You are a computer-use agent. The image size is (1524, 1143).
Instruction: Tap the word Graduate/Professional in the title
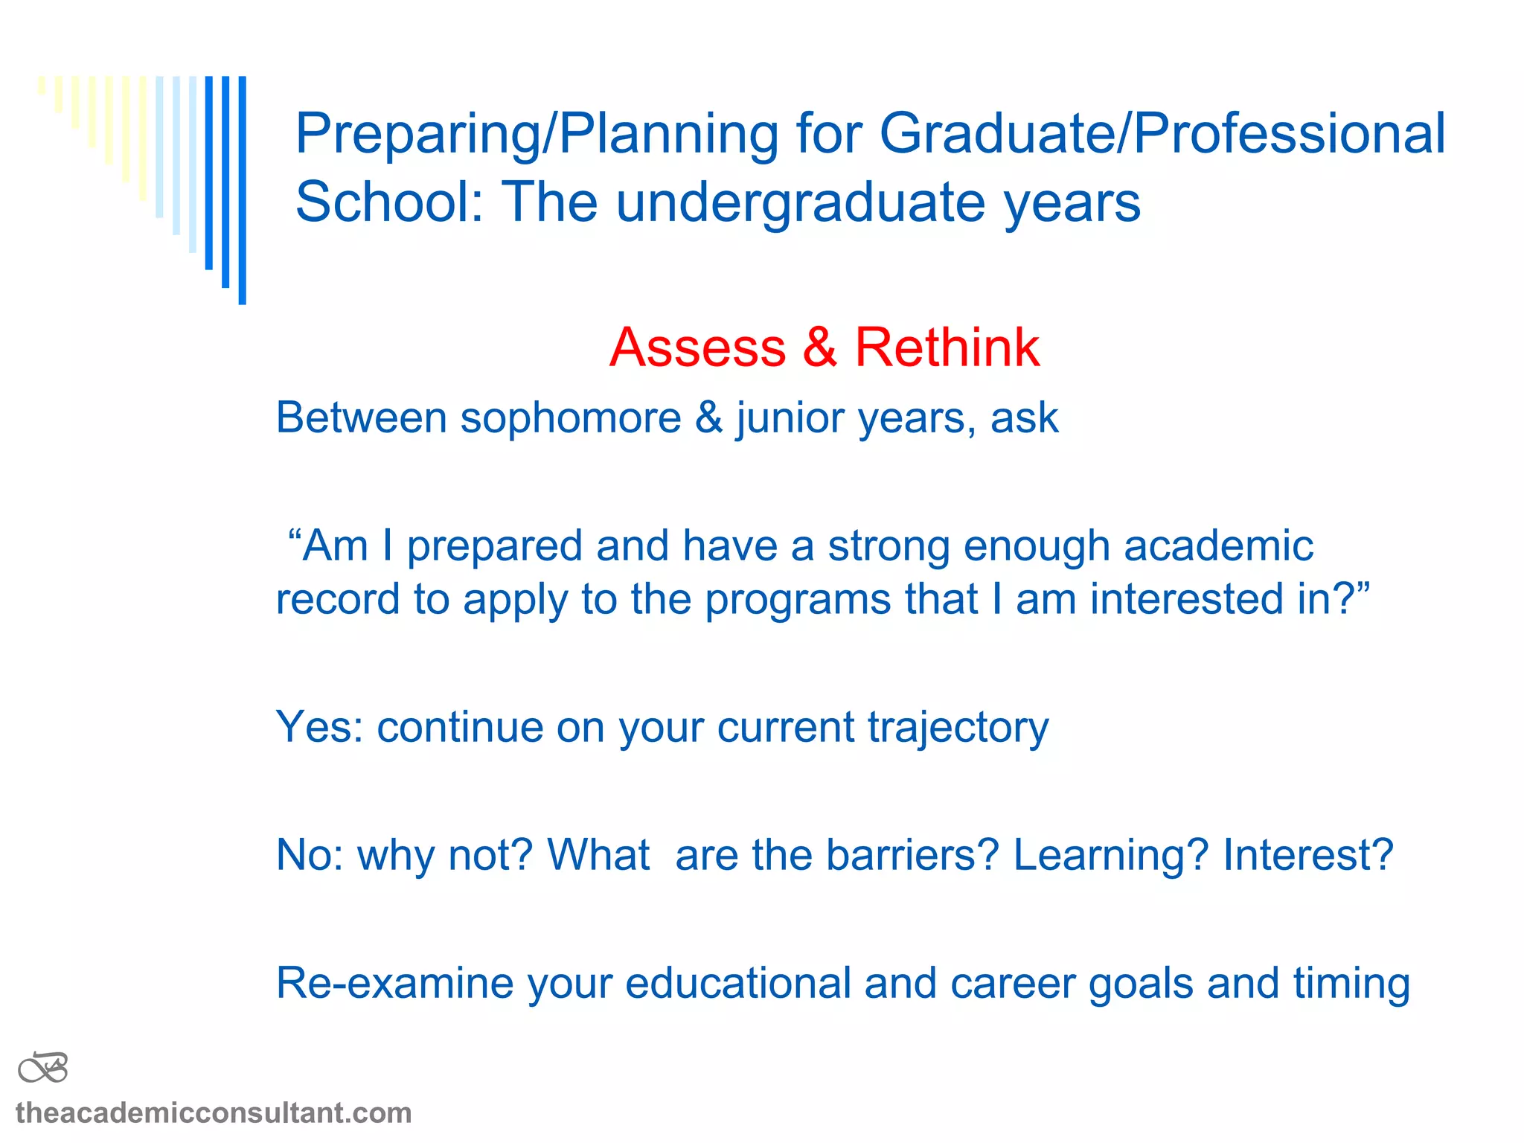[x=1162, y=134]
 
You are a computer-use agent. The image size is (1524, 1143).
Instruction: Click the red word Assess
[x=697, y=348]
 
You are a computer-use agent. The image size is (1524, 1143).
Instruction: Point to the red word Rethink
[x=947, y=348]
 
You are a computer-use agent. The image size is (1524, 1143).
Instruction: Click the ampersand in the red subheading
[x=819, y=348]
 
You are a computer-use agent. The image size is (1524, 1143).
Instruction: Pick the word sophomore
[x=571, y=417]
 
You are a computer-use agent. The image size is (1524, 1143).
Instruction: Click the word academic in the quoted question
[x=1218, y=545]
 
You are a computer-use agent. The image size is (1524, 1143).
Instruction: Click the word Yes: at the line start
[x=319, y=727]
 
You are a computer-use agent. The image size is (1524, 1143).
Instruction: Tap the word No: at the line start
[x=310, y=854]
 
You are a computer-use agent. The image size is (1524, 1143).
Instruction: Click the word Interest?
[x=1307, y=854]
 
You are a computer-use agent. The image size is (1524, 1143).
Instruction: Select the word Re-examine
[x=394, y=983]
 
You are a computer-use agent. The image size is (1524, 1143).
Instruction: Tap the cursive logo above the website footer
[x=43, y=1069]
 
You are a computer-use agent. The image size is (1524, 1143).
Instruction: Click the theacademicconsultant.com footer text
[x=214, y=1113]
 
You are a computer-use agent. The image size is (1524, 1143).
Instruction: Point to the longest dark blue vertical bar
[x=242, y=190]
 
